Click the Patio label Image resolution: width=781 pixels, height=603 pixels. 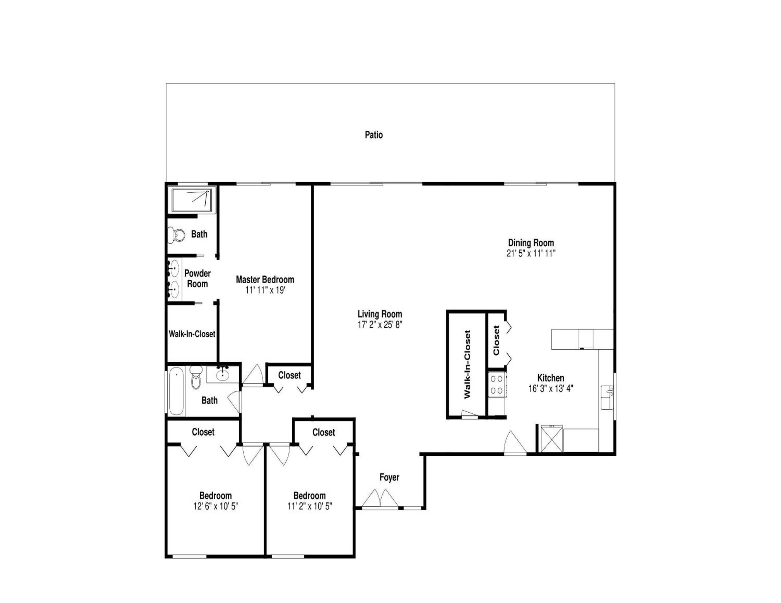[374, 135]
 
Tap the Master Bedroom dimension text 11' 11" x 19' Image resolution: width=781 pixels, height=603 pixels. [265, 290]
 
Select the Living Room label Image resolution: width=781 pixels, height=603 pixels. [380, 314]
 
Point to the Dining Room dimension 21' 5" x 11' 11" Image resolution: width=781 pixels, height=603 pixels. [531, 253]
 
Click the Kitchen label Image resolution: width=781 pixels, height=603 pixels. [551, 378]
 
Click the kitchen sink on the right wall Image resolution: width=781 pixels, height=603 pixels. [607, 398]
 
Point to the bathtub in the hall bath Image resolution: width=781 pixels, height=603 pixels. [176, 391]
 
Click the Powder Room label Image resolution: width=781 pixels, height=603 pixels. [197, 278]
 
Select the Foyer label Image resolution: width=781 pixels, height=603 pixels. [389, 477]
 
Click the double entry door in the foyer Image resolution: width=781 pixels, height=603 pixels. [380, 499]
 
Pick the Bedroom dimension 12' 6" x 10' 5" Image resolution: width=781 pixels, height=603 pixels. [216, 506]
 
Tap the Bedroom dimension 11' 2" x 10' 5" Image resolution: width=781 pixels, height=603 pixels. [310, 506]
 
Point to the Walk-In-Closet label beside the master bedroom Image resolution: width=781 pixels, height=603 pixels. [192, 334]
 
